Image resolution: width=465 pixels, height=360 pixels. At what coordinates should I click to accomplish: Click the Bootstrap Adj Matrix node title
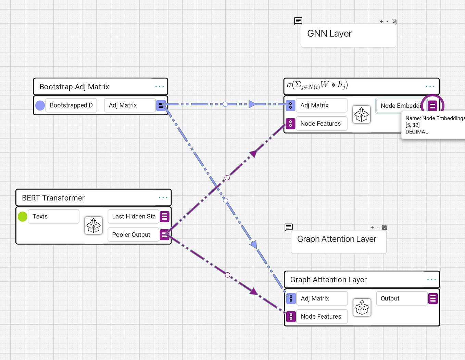74,87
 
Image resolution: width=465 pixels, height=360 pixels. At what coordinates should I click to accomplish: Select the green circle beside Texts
23,216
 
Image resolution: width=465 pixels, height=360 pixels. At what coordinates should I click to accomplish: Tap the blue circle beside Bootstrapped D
40,105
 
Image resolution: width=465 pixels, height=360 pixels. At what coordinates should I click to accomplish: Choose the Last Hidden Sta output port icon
164,216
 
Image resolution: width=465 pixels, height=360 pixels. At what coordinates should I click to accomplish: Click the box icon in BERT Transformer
93,225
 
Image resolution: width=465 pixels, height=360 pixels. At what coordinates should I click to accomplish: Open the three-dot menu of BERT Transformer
163,197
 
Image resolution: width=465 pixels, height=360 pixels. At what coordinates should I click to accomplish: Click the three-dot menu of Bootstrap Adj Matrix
160,87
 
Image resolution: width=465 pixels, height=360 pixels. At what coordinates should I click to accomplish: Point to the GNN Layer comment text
329,34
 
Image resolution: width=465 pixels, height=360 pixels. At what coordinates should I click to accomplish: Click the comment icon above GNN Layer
298,21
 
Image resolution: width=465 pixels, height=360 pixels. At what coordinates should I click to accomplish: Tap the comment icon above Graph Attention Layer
289,227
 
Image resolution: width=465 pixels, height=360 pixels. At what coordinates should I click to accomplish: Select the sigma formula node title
317,85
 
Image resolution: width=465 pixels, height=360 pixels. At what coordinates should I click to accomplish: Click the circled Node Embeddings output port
432,106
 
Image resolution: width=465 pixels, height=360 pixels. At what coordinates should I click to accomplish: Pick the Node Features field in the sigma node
321,124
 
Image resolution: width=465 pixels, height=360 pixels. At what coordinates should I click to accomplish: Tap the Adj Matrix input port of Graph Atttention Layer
291,298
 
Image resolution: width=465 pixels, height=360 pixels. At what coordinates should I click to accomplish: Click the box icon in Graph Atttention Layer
362,307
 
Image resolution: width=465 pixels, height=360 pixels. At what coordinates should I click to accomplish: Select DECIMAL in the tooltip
417,132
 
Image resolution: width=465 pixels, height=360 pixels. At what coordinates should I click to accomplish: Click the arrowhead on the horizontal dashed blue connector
252,104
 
